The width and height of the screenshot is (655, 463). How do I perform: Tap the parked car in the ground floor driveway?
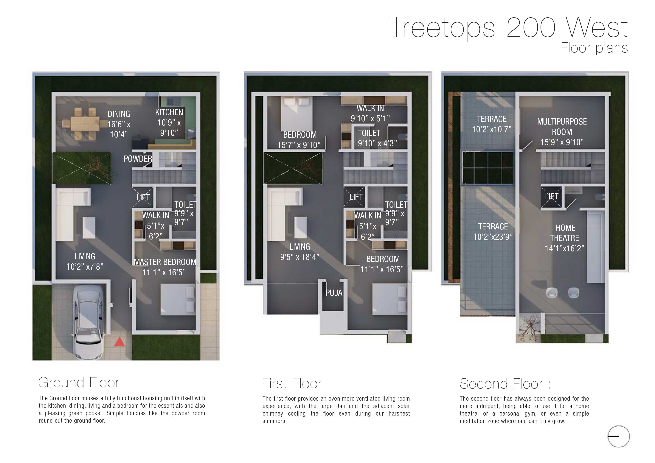88,321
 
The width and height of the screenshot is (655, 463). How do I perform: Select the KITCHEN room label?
169,112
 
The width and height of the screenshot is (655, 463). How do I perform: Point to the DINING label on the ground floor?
119,114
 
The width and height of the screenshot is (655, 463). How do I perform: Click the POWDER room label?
138,159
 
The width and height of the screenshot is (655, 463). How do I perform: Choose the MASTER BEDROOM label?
165,262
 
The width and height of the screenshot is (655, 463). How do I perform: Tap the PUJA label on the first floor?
334,293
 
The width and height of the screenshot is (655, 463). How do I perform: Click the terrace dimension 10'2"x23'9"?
493,237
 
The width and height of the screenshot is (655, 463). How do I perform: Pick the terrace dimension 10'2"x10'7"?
492,129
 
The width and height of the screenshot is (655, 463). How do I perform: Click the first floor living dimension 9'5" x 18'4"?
299,257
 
